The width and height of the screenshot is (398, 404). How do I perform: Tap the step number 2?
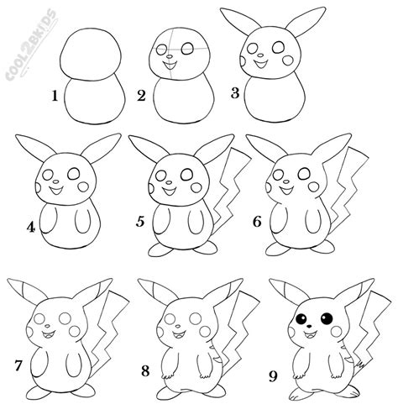pyautogui.click(x=141, y=97)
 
